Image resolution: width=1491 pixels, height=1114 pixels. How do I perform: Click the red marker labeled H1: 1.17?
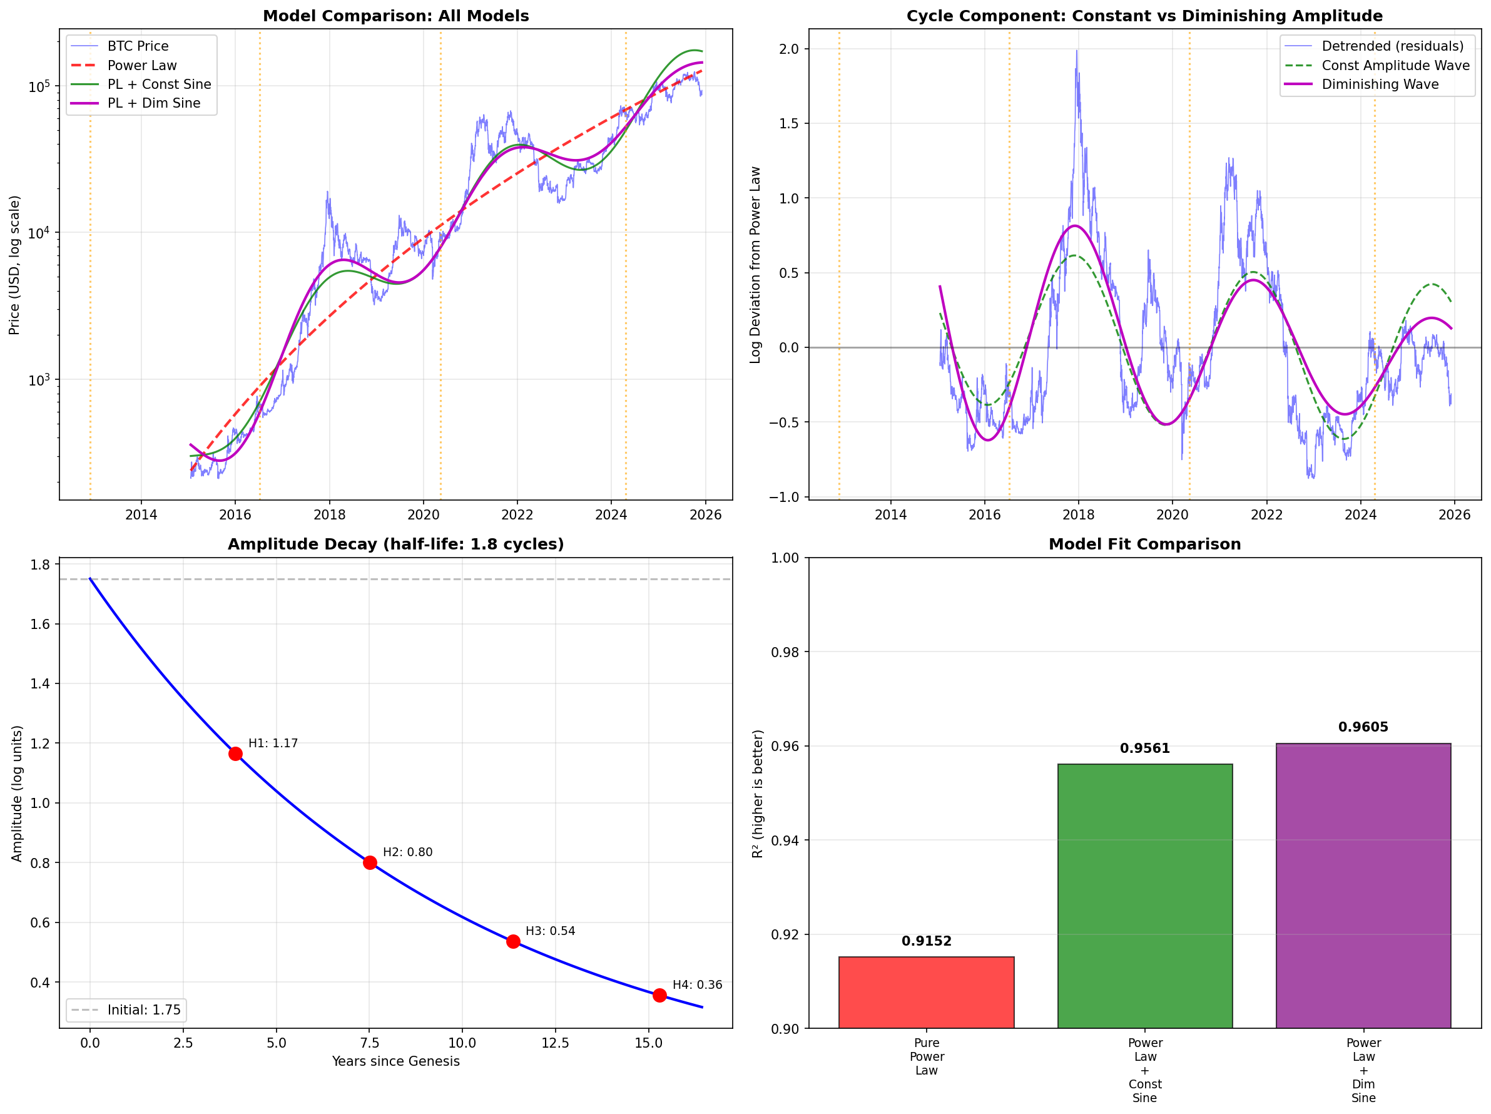pyautogui.click(x=235, y=754)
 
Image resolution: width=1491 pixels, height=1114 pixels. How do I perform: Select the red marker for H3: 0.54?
pyautogui.click(x=513, y=941)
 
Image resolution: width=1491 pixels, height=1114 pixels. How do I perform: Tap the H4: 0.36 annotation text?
pyautogui.click(x=697, y=985)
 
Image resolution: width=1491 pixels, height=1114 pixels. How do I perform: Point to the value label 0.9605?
pyautogui.click(x=1363, y=727)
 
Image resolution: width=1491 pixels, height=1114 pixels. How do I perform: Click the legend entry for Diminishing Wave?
pyautogui.click(x=1380, y=84)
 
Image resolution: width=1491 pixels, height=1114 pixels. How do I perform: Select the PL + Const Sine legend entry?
pyautogui.click(x=159, y=84)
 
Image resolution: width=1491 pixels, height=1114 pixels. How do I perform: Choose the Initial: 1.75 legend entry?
pyautogui.click(x=143, y=1010)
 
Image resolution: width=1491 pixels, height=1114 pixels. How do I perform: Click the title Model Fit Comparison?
pyautogui.click(x=1144, y=544)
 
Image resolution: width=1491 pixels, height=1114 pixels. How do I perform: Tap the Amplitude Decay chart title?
pyautogui.click(x=395, y=544)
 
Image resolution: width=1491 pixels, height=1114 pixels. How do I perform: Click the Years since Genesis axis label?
pyautogui.click(x=395, y=1061)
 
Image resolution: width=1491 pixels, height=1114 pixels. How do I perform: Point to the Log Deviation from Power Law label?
pyautogui.click(x=755, y=265)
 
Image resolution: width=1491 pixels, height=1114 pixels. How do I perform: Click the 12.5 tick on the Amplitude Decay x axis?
pyautogui.click(x=556, y=1043)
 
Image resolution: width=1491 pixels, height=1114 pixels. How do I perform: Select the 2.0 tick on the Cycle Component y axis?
pyautogui.click(x=788, y=49)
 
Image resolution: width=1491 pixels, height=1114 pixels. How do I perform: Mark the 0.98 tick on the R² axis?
pyautogui.click(x=785, y=652)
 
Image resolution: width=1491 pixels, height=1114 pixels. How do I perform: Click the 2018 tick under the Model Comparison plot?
pyautogui.click(x=329, y=515)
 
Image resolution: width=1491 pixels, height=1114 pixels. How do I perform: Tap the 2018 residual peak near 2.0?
pyautogui.click(x=1076, y=51)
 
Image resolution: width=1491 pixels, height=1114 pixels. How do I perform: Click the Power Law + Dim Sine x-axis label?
pyautogui.click(x=1363, y=1070)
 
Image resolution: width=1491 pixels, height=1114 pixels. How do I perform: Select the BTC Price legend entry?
pyautogui.click(x=138, y=46)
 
